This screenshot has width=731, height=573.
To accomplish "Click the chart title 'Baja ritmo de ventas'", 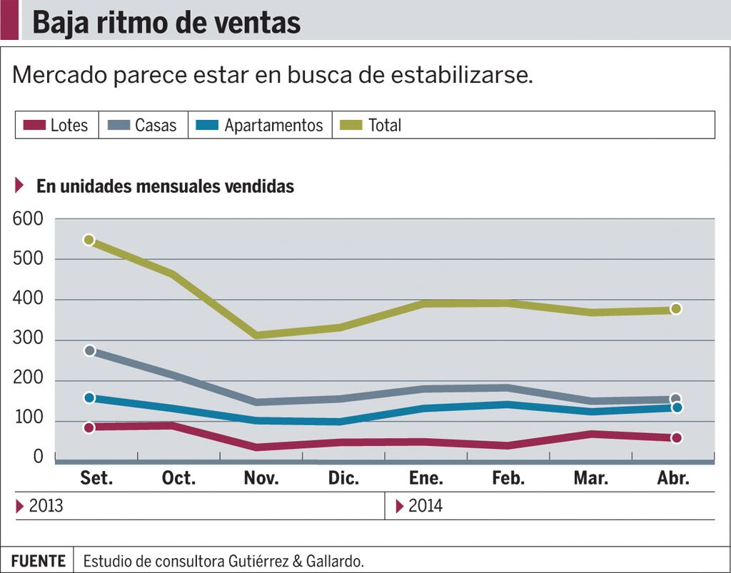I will pos(166,22).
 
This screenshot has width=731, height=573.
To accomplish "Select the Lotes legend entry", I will pos(56,126).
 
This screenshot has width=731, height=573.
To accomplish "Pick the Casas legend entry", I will pos(143,126).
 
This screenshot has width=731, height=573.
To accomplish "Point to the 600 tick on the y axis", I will pos(29,220).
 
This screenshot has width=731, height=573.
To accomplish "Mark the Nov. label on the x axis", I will pos(261,478).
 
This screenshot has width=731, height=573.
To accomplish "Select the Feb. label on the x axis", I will pos(508,478).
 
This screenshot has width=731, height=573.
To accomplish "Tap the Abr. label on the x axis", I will pos(673,478).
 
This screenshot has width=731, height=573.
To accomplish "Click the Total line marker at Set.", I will pos(89,240).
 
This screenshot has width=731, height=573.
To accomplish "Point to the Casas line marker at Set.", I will pos(89,351).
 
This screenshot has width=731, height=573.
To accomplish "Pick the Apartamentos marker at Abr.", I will pos(676,407).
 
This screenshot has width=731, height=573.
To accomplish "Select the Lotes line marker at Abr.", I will pos(676,437).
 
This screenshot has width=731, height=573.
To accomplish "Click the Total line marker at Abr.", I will pos(676,309).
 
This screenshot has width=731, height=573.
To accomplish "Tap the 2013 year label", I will pos(46,507).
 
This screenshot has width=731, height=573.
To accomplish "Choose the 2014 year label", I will pos(425,507).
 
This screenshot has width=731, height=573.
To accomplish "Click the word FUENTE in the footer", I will pos(39,561).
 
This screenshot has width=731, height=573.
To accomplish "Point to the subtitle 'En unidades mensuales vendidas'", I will pos(165,187).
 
